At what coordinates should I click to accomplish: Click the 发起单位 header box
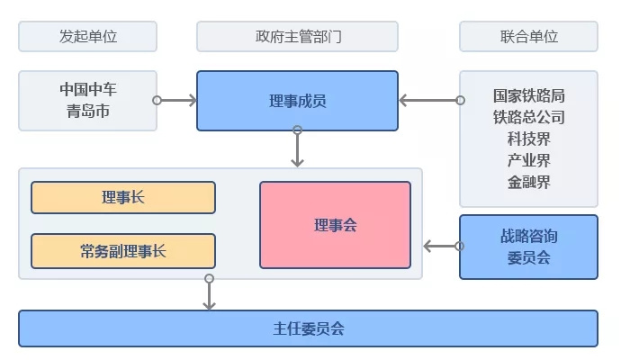pyautogui.click(x=88, y=37)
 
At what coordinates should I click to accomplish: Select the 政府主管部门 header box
pyautogui.click(x=298, y=37)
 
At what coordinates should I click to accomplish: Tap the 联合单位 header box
pyautogui.click(x=529, y=37)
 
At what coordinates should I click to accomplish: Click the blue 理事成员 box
pyautogui.click(x=298, y=101)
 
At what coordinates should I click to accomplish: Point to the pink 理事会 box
pyautogui.click(x=336, y=225)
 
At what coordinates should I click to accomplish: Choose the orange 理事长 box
pyautogui.click(x=123, y=198)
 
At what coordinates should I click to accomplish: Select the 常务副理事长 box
pyautogui.click(x=123, y=251)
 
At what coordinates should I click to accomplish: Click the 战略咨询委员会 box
pyautogui.click(x=529, y=247)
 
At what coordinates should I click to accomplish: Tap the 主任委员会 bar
pyautogui.click(x=309, y=328)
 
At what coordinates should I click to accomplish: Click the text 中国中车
pyautogui.click(x=88, y=89)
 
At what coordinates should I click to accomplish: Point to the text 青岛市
pyautogui.click(x=88, y=112)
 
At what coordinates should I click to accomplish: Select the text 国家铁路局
pyautogui.click(x=529, y=94)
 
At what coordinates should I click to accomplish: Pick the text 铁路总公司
pyautogui.click(x=529, y=117)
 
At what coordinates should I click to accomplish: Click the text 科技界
pyautogui.click(x=529, y=139)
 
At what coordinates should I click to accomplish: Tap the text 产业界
pyautogui.click(x=529, y=160)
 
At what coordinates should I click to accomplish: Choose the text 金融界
pyautogui.click(x=529, y=183)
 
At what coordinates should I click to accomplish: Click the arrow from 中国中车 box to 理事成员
pyautogui.click(x=176, y=100)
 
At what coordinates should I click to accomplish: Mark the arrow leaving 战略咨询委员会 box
pyautogui.click(x=442, y=246)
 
